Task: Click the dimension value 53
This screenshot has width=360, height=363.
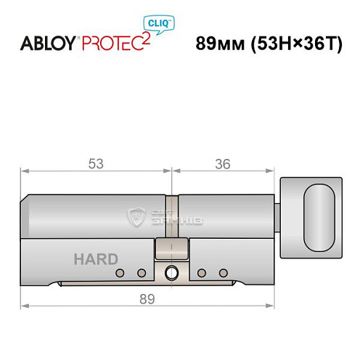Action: pos(95,165)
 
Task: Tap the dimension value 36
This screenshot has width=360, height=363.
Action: pos(224,165)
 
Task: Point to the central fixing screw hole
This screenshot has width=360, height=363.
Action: pos(172,274)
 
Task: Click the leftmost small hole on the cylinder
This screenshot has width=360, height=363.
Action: pos(120,274)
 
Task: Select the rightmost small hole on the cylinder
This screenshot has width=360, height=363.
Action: pos(218,274)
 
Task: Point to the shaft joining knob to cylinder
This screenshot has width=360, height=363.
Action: pos(279,216)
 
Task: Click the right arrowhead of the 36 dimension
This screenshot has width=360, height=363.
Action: pos(275,172)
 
